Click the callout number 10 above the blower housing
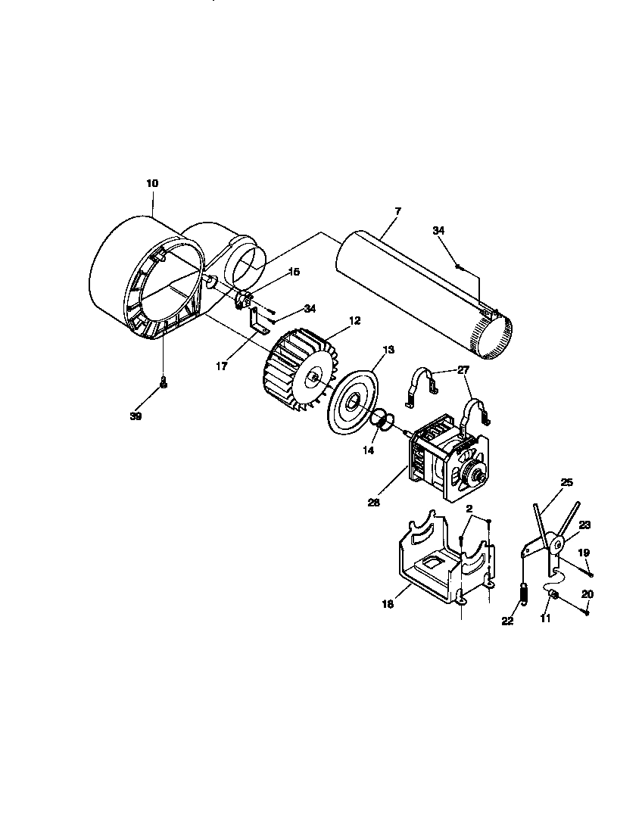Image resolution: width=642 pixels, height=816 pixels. [x=152, y=183]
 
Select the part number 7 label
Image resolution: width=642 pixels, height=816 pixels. [x=398, y=210]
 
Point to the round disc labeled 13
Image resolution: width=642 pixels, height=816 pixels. [x=354, y=401]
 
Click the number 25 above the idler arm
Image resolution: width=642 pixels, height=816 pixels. [x=566, y=482]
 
